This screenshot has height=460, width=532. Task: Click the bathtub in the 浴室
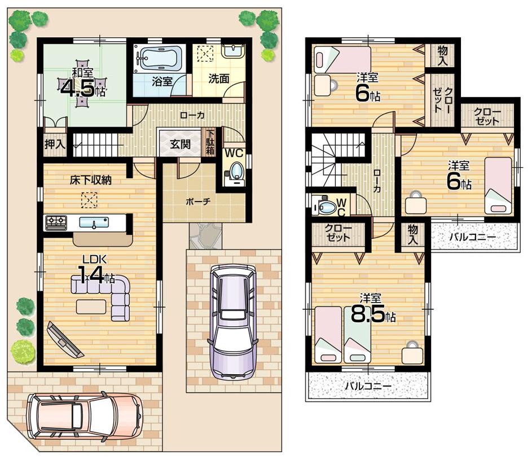pos(160,58)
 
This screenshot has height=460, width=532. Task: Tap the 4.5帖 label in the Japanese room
pos(83,87)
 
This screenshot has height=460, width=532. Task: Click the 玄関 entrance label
pos(180,144)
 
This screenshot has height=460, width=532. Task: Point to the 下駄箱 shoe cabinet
pos(210,142)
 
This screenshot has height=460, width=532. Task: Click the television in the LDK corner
pos(64,340)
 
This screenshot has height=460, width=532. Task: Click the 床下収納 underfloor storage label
pos(90,181)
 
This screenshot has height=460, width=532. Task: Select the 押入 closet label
pos(55,143)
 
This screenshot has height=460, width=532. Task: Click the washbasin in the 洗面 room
pos(232,52)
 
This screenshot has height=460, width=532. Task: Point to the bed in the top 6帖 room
pos(342,59)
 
